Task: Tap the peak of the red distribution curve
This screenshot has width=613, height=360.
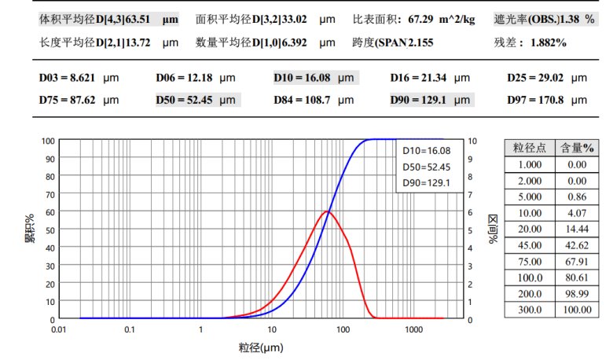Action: (327, 211)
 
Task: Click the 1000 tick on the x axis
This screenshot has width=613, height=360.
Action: (414, 331)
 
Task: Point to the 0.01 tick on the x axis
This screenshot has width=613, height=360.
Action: (59, 331)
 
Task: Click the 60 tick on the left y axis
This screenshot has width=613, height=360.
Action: (50, 211)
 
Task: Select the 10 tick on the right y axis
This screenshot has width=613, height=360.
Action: (471, 141)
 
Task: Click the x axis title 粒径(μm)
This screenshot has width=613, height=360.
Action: (260, 347)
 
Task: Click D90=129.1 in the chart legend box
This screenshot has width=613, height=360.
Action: (425, 183)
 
